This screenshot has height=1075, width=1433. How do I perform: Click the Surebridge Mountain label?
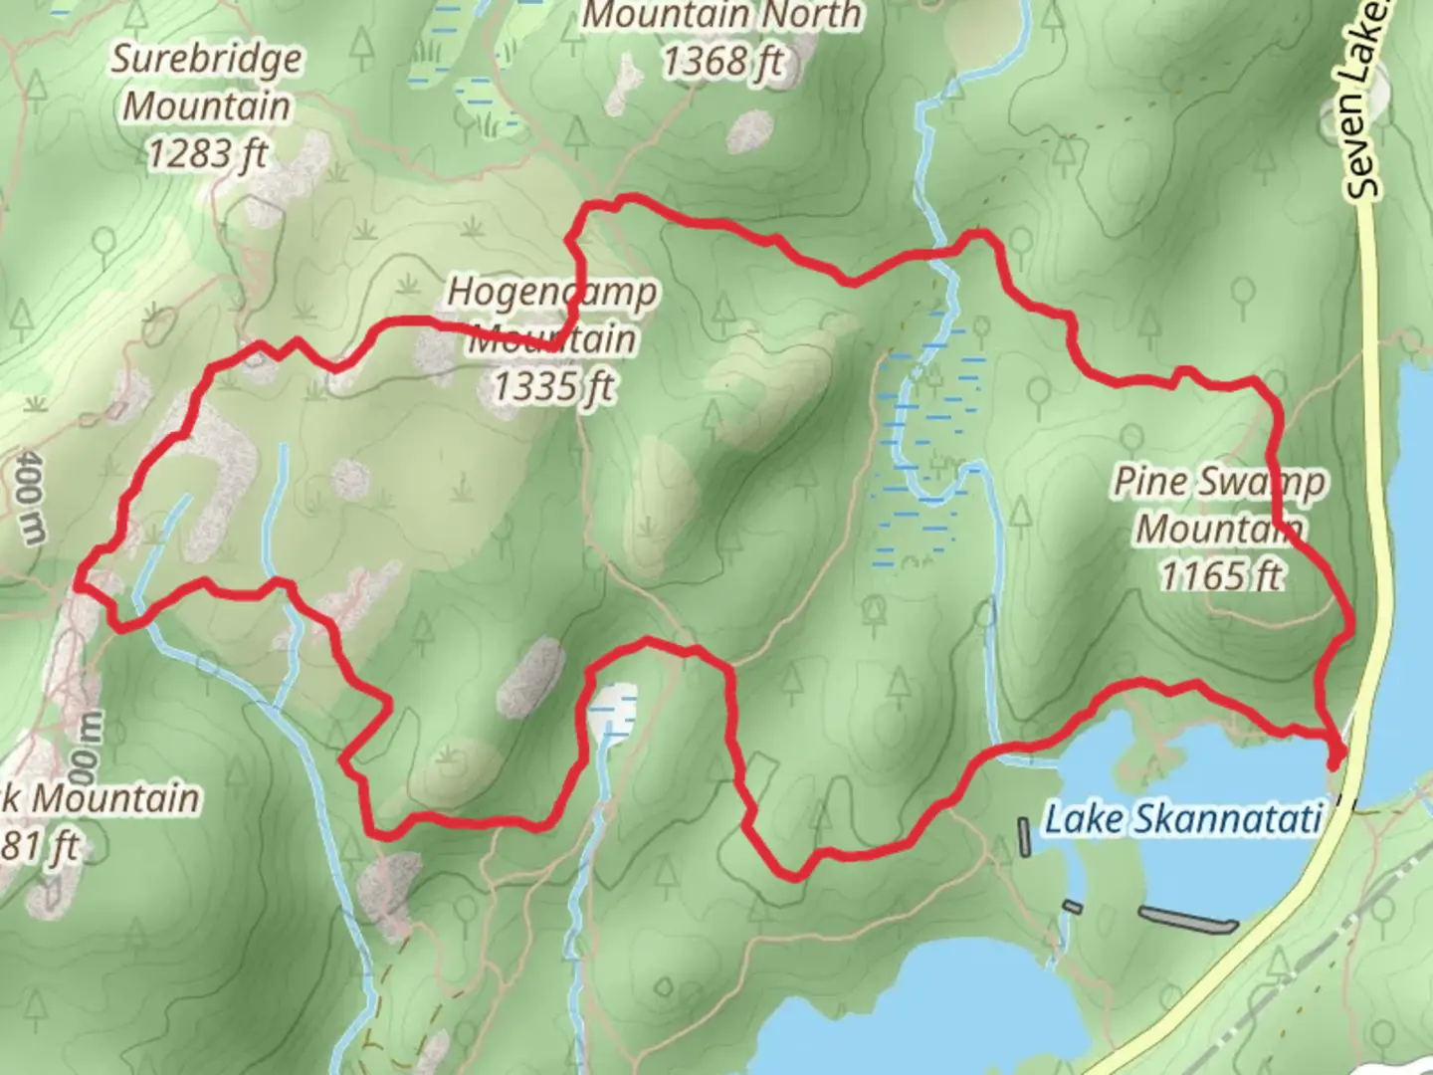coord(206,82)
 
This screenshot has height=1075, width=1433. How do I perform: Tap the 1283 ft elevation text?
coord(207,154)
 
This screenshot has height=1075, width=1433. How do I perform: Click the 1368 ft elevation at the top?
coord(722,62)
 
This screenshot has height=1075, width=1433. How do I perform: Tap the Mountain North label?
coord(722,16)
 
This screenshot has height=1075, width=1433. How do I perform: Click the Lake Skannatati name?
coord(1182,819)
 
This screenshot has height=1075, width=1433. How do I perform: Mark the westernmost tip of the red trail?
coord(79,581)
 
